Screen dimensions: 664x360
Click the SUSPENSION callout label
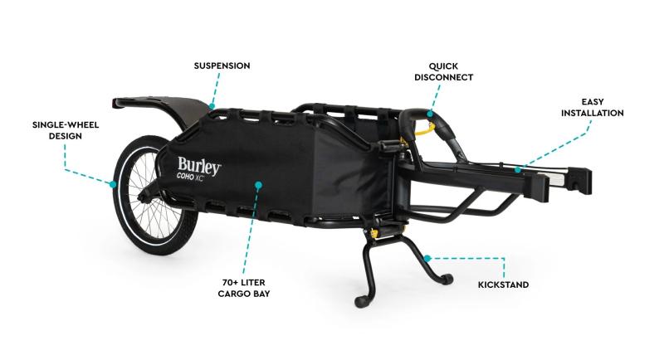tap(222, 66)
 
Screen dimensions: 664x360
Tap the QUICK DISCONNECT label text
tap(443, 71)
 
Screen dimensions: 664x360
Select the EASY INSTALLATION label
tap(592, 108)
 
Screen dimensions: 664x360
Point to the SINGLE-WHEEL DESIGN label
tap(66, 130)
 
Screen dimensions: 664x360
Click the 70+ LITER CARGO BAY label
tap(243, 288)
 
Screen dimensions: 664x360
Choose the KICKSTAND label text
tap(503, 285)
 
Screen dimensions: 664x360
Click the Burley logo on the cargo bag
tap(199, 165)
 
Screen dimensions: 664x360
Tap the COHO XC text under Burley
tap(190, 178)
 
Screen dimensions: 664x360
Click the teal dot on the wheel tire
tap(113, 184)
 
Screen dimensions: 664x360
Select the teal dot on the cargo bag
tap(258, 185)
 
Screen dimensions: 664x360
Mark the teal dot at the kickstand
tap(427, 259)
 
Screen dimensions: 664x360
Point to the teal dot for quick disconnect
tap(430, 114)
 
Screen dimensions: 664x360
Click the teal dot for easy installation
tap(517, 170)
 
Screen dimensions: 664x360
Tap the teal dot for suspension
tap(212, 106)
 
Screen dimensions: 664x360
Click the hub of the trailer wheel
tap(146, 195)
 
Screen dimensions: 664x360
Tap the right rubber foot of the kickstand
tap(447, 280)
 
